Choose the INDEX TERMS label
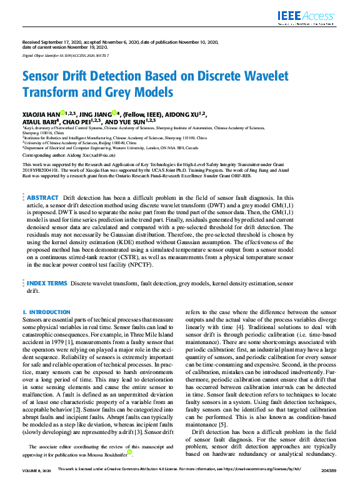[x=46, y=284]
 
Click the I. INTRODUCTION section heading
[x=46, y=312]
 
